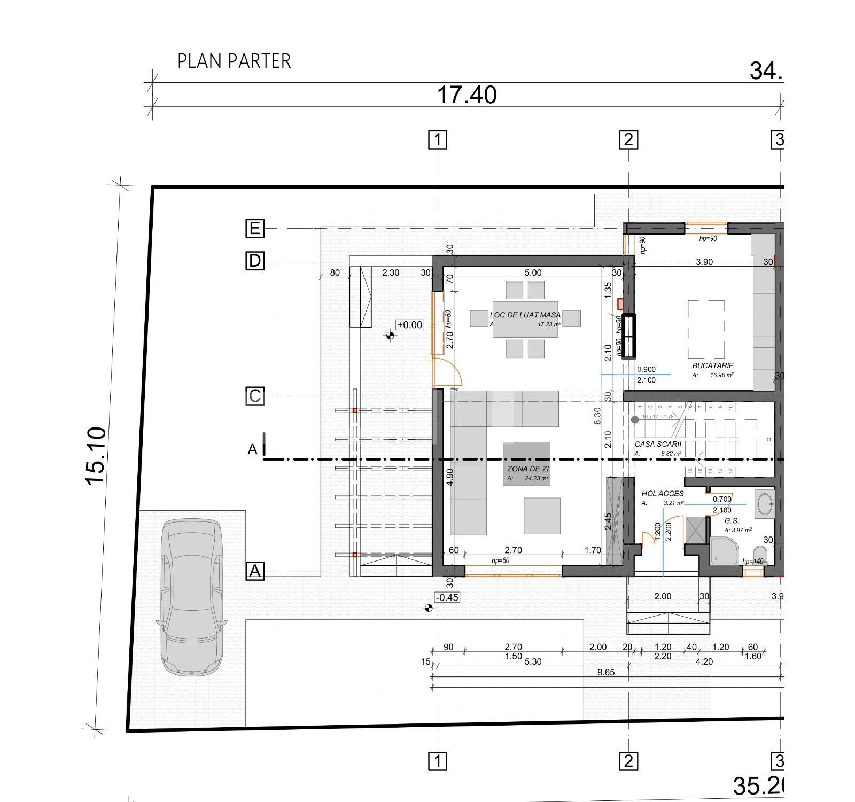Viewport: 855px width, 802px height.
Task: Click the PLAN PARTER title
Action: [234, 61]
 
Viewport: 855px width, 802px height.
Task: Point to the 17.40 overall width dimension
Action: [467, 95]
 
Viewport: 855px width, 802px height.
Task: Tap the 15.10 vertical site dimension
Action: [96, 456]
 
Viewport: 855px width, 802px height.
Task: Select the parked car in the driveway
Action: [192, 597]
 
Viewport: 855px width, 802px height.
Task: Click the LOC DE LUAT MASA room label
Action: [525, 315]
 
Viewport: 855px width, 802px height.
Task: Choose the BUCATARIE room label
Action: [712, 366]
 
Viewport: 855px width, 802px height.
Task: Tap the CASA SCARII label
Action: [658, 444]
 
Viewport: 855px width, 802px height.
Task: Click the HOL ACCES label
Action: [663, 494]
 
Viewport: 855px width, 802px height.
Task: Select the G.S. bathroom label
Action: [732, 520]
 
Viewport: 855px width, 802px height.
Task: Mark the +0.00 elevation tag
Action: [409, 325]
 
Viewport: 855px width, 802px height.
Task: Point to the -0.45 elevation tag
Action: [447, 597]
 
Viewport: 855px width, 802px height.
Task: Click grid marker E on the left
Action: [255, 229]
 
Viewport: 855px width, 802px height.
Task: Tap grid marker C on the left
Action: [255, 396]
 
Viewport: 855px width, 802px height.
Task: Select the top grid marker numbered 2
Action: [628, 140]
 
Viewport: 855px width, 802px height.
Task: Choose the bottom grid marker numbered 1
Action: [438, 760]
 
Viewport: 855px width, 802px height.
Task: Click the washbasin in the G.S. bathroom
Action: [765, 503]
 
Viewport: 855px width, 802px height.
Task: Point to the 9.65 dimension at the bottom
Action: [606, 672]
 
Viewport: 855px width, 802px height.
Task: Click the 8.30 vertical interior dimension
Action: [597, 416]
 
